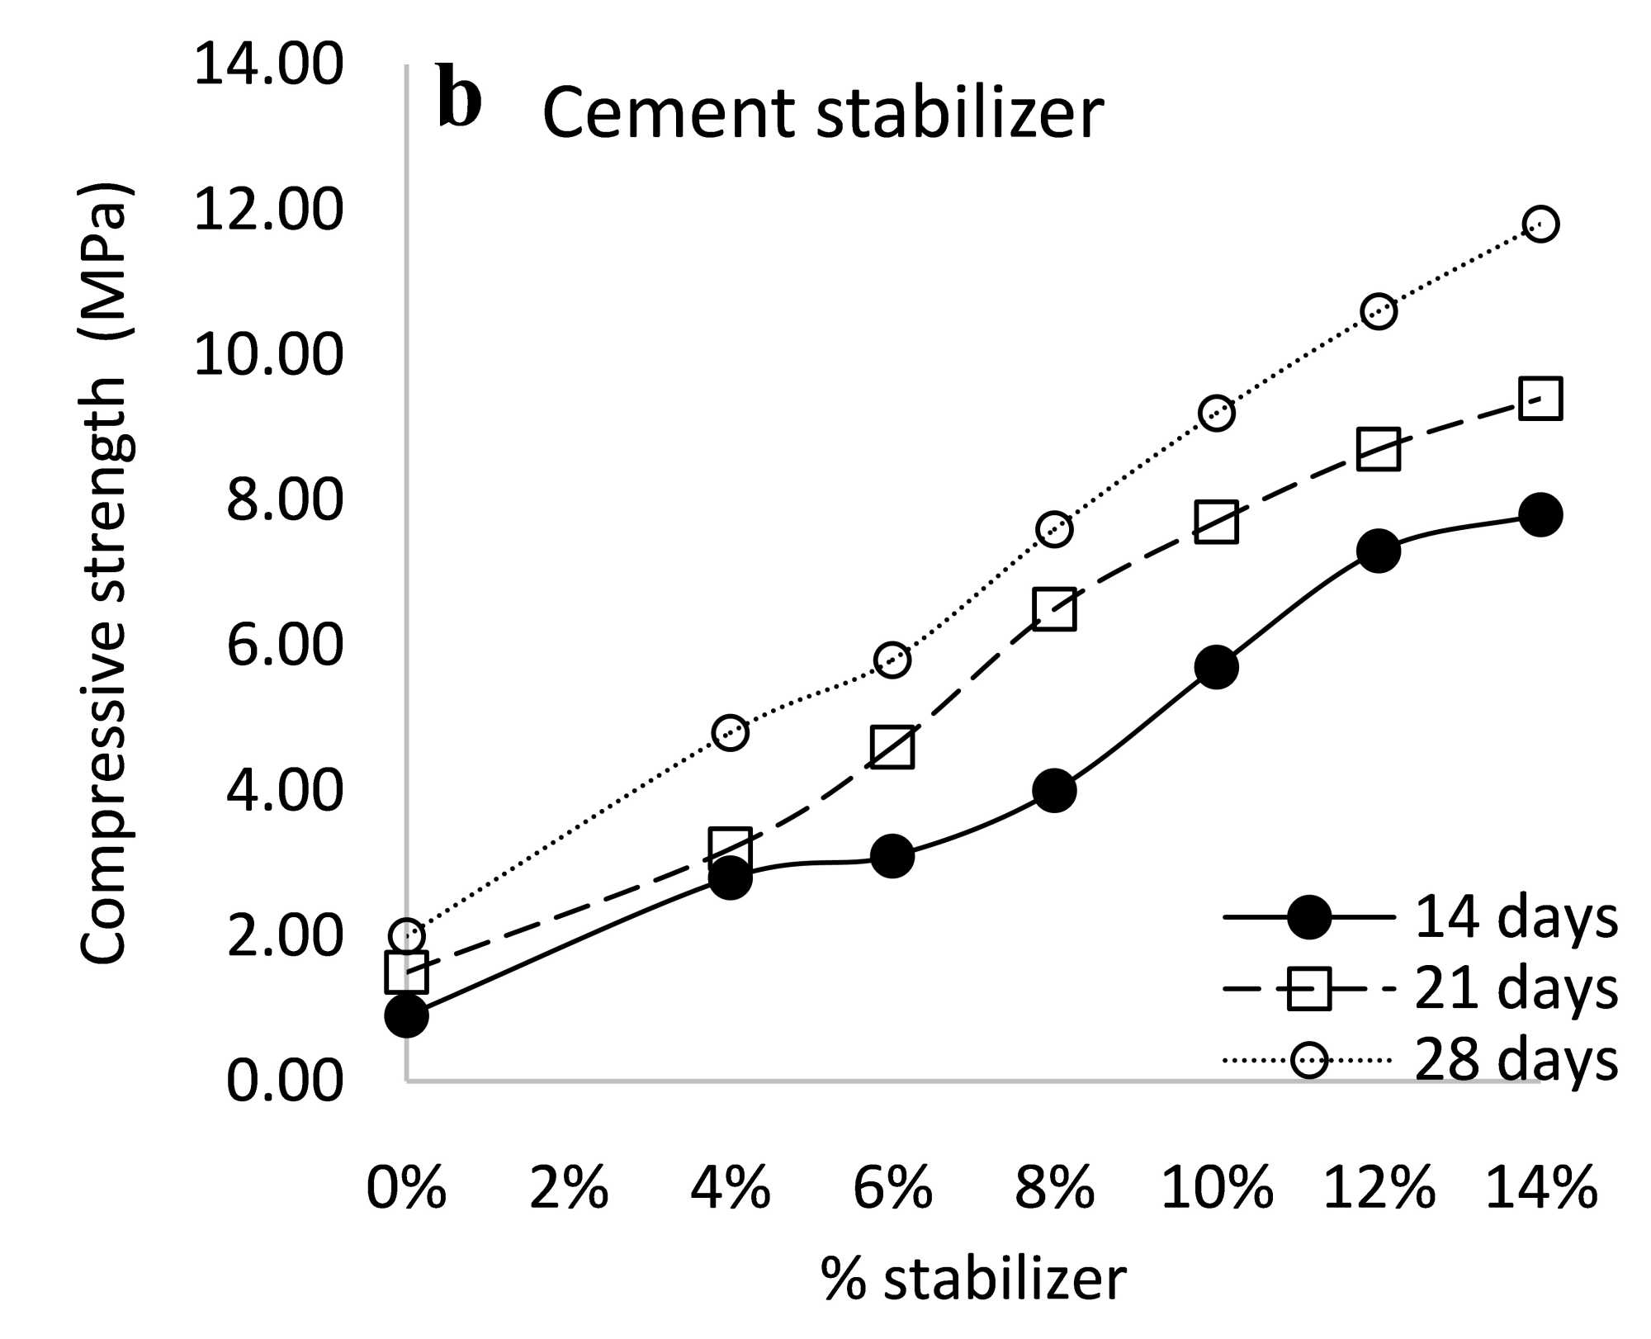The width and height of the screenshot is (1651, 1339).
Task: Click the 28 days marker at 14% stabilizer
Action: click(x=1540, y=224)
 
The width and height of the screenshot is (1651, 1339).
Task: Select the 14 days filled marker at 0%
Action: click(x=406, y=1015)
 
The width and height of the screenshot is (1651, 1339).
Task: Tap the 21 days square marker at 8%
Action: click(x=1054, y=609)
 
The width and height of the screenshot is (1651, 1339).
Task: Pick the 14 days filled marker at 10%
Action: click(x=1216, y=667)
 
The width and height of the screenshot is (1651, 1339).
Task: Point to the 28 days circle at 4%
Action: click(x=730, y=732)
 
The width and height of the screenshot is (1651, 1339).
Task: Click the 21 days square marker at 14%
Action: click(x=1540, y=399)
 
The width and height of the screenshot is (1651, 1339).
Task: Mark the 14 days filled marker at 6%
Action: click(x=892, y=855)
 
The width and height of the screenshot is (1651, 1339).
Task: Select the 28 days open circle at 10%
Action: click(x=1216, y=412)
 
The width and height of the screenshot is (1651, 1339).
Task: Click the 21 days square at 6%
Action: click(x=892, y=747)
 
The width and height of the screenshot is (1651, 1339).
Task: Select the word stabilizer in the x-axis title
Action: click(x=1005, y=1280)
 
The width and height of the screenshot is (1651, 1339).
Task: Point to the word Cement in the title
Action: click(x=668, y=113)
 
